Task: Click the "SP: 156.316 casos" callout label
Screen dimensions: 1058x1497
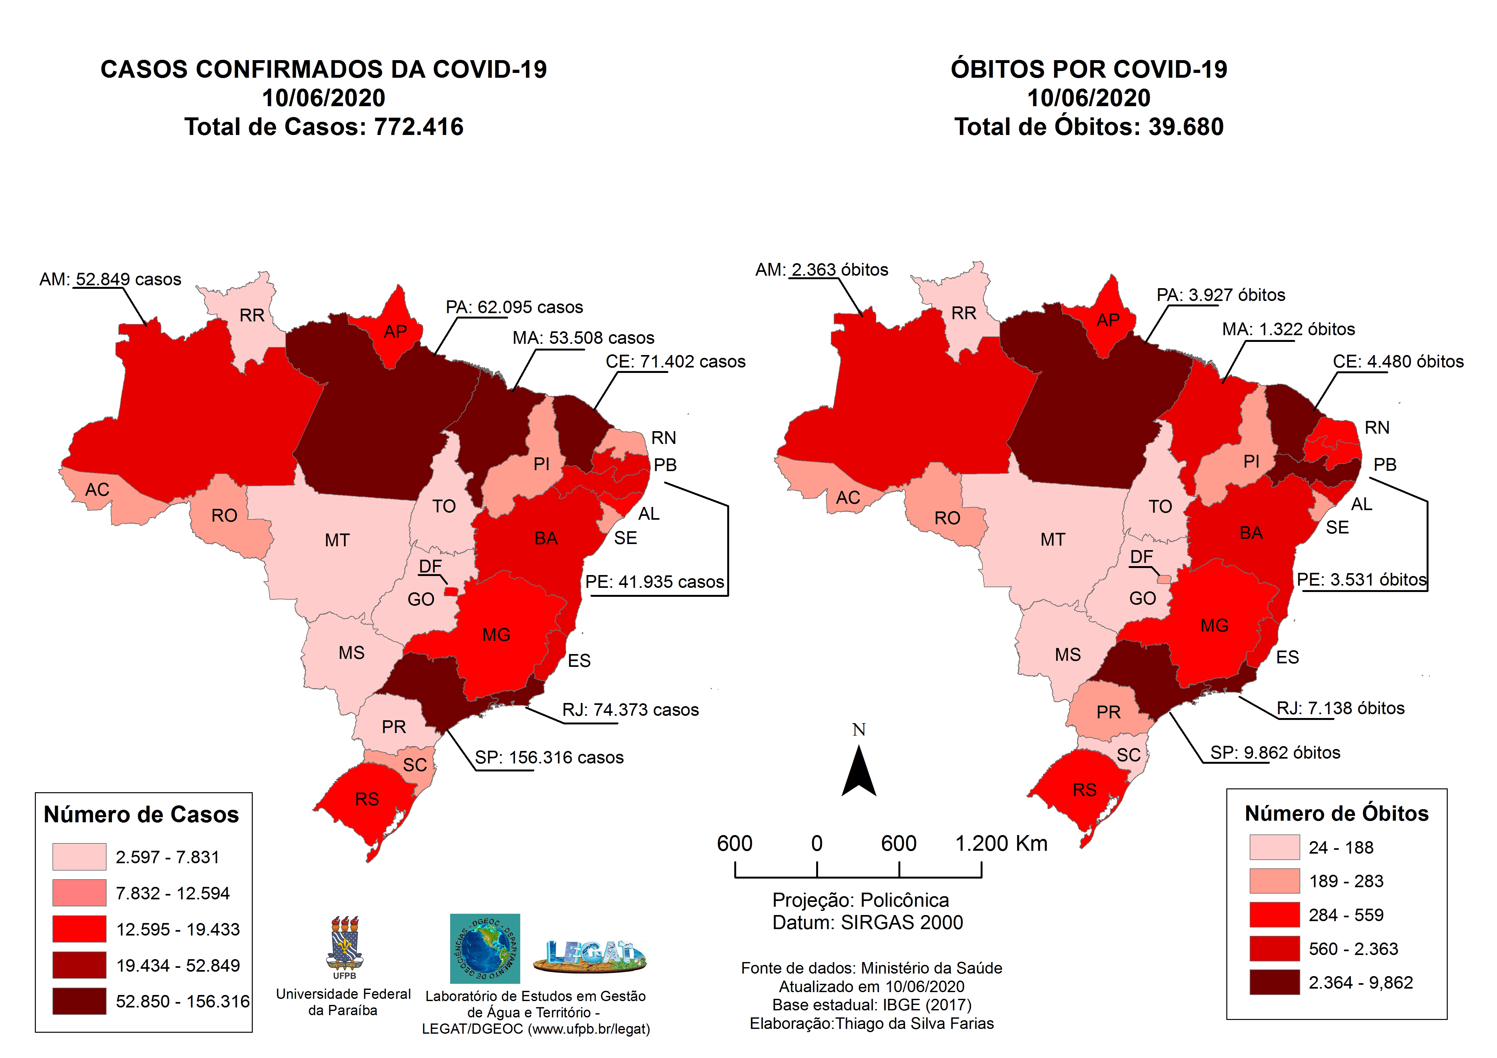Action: point(549,757)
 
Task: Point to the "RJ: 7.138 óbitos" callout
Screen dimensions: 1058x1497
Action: point(1341,709)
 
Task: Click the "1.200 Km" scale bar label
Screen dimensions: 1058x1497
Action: point(1001,843)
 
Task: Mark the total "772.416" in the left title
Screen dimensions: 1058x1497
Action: point(418,126)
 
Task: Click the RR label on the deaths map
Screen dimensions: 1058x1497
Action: point(964,313)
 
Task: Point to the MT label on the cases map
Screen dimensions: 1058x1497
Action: point(337,541)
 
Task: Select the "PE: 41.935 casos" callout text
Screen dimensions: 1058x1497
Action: point(655,582)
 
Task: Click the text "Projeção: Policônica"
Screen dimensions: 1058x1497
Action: point(861,900)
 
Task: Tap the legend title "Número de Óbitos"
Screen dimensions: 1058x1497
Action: point(1337,814)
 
